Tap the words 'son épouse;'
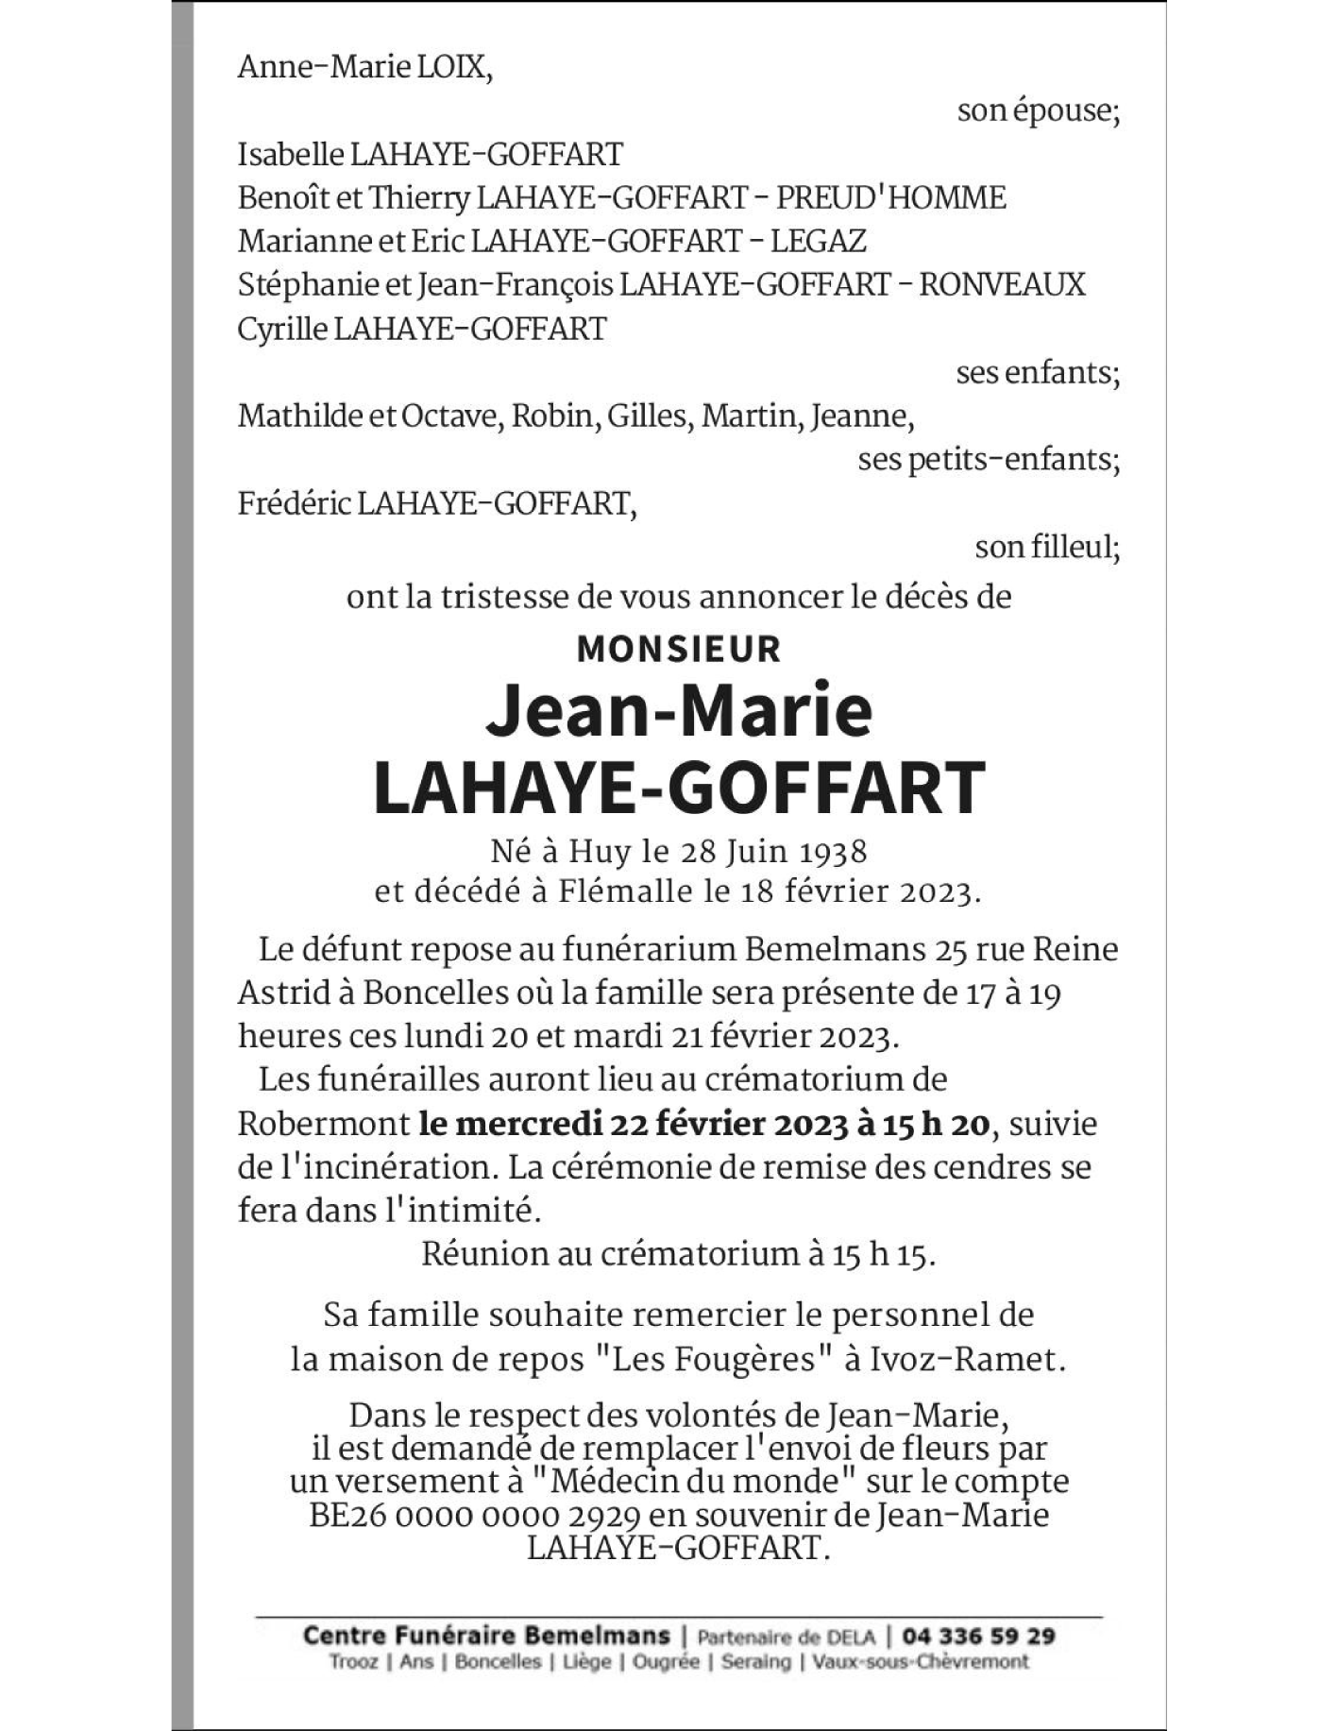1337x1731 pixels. tap(1038, 111)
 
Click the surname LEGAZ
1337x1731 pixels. tap(818, 242)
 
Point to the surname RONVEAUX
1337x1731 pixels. tap(1002, 285)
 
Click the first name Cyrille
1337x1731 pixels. tap(282, 329)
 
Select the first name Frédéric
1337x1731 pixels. tap(294, 503)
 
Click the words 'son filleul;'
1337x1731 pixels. tap(1047, 547)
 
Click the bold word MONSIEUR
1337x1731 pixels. tap(679, 650)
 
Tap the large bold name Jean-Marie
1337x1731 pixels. tap(679, 710)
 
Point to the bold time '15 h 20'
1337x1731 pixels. tap(936, 1125)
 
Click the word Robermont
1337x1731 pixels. tap(322, 1125)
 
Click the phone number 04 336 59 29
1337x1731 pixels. tap(978, 1636)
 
